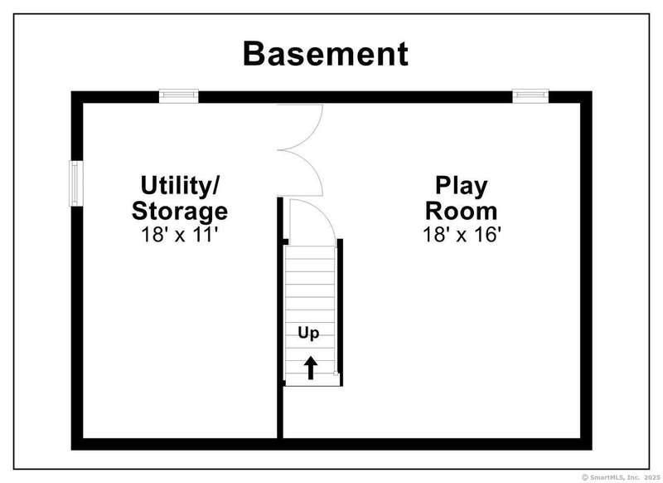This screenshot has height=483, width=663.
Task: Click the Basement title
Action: pyautogui.click(x=326, y=54)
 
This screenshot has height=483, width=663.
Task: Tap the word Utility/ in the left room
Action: pyautogui.click(x=180, y=186)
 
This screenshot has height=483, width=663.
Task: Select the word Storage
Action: pyautogui.click(x=180, y=212)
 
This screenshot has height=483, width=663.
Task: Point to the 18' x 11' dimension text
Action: pyautogui.click(x=180, y=235)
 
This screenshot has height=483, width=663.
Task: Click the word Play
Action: pyautogui.click(x=462, y=186)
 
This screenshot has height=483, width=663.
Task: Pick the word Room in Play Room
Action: pyautogui.click(x=462, y=211)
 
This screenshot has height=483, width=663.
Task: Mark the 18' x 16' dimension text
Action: pyautogui.click(x=462, y=235)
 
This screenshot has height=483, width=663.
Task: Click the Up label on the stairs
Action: pyautogui.click(x=308, y=333)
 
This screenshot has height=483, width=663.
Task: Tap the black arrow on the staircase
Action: pyautogui.click(x=311, y=368)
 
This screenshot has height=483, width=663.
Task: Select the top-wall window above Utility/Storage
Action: pyautogui.click(x=178, y=96)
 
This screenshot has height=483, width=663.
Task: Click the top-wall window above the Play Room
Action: pyautogui.click(x=530, y=96)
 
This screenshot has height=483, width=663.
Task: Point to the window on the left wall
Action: pyautogui.click(x=76, y=183)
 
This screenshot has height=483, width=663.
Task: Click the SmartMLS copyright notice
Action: pyautogui.click(x=620, y=477)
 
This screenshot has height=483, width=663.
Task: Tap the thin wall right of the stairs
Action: pyautogui.click(x=340, y=312)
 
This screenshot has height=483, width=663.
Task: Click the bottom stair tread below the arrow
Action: pyautogui.click(x=312, y=380)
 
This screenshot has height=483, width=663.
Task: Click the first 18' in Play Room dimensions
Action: pyautogui.click(x=433, y=235)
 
